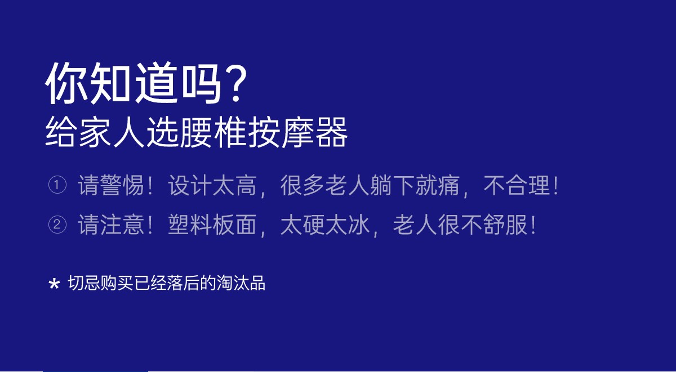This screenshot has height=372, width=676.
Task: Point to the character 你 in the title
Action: tap(66, 82)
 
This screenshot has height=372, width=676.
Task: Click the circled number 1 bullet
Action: tap(57, 185)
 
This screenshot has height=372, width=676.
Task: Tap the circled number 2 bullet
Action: tap(57, 225)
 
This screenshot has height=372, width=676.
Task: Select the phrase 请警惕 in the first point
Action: tap(111, 185)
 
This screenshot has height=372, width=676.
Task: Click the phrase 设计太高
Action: tap(212, 185)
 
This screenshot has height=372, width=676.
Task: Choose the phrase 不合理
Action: tap(517, 185)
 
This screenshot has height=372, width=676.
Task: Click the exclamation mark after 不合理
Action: tap(555, 185)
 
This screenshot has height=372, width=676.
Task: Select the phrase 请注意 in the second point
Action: tap(111, 225)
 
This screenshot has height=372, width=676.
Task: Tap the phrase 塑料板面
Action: tap(212, 225)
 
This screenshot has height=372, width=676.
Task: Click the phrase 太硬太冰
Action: tap(325, 225)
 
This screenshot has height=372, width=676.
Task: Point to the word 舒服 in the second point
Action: tap(505, 225)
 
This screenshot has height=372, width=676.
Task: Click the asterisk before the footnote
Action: tap(54, 284)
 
